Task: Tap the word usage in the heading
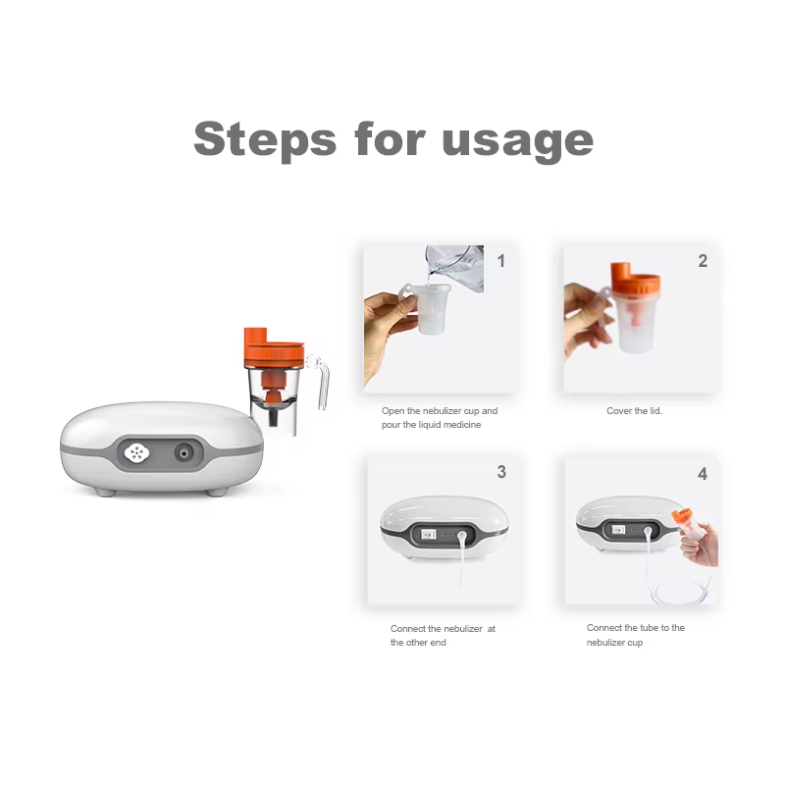pyautogui.click(x=517, y=140)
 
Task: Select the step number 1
pyautogui.click(x=501, y=261)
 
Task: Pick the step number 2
pyautogui.click(x=703, y=261)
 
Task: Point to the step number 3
pyautogui.click(x=501, y=472)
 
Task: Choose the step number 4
pyautogui.click(x=703, y=474)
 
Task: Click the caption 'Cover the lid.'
pyautogui.click(x=634, y=411)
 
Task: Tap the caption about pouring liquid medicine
pyautogui.click(x=439, y=418)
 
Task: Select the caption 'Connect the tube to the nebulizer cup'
pyautogui.click(x=636, y=635)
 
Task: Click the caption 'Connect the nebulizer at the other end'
pyautogui.click(x=443, y=635)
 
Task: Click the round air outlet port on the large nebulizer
pyautogui.click(x=183, y=452)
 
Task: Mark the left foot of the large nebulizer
pyautogui.click(x=106, y=489)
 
